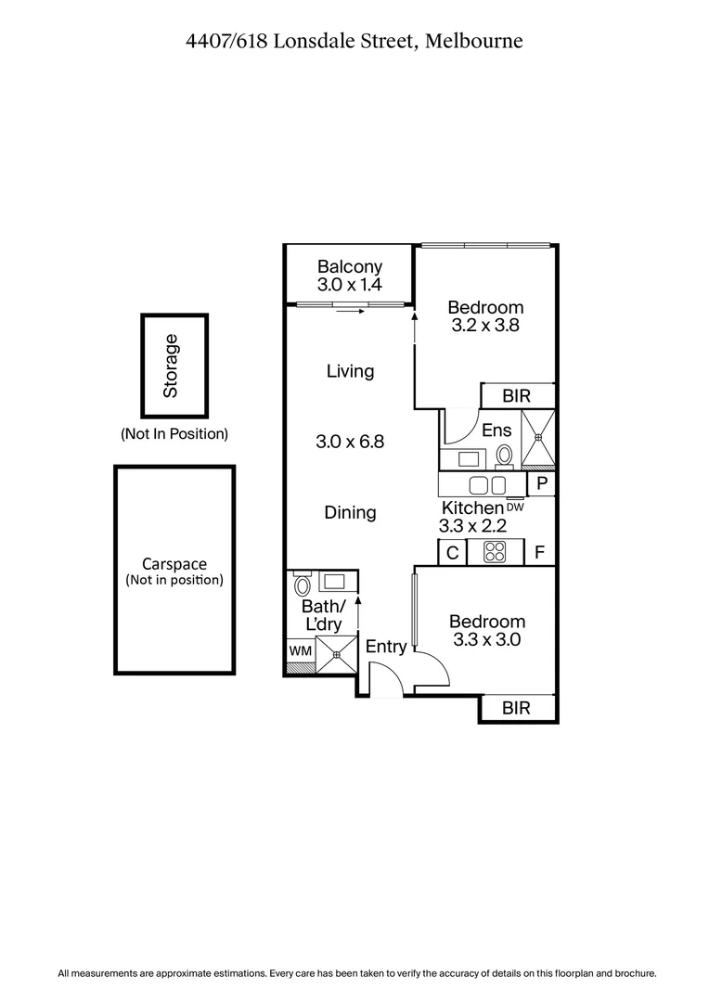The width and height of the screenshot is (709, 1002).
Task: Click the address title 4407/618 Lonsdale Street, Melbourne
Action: (354, 41)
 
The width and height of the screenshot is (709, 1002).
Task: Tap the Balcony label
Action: (349, 266)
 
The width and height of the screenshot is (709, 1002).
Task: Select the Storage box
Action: (174, 366)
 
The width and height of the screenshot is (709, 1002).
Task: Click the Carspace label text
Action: (174, 564)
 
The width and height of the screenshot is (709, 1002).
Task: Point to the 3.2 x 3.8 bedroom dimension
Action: (485, 326)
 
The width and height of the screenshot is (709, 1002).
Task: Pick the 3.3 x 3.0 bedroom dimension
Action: (486, 639)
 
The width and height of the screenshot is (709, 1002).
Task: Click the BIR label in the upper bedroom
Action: (516, 396)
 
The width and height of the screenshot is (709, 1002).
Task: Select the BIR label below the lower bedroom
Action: (516, 709)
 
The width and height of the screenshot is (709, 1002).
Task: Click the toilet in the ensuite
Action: (505, 456)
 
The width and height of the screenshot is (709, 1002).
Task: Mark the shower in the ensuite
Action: (537, 439)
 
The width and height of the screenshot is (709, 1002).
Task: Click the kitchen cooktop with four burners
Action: (495, 553)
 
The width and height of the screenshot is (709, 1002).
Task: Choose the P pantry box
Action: (541, 484)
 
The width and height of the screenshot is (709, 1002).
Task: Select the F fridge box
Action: (539, 553)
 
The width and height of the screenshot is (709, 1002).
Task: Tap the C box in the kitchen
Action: (452, 553)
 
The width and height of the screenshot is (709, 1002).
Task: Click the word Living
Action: (350, 371)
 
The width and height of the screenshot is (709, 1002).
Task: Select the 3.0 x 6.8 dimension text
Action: (350, 442)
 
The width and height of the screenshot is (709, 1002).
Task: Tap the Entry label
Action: (386, 647)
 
